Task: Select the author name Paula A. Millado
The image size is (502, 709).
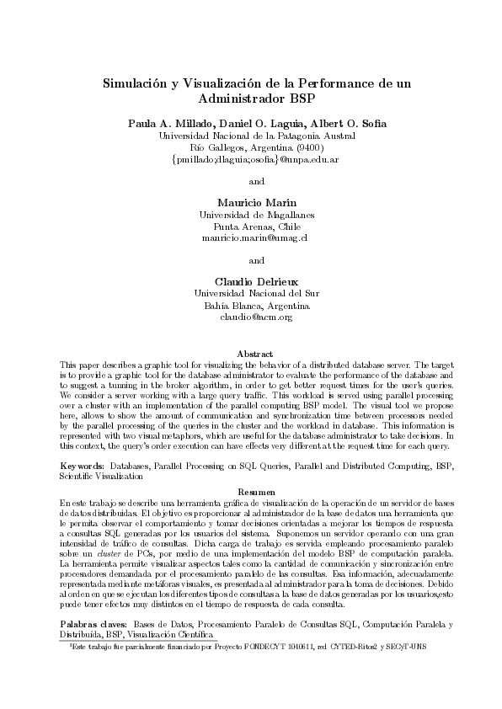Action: pos(163,124)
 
